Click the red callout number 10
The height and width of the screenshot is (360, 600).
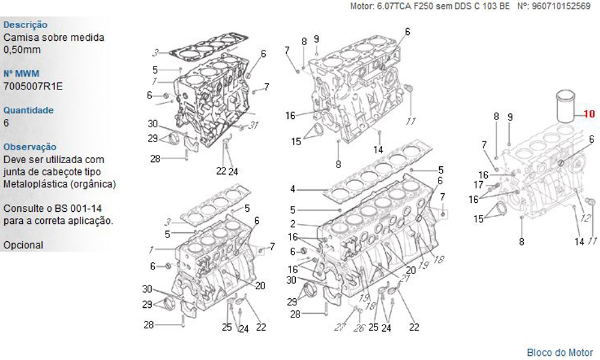(589, 113)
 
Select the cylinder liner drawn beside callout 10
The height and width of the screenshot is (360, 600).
(565, 106)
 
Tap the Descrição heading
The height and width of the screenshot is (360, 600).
(25, 25)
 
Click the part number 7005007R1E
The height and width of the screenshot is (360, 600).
(33, 86)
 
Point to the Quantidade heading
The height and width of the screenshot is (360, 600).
(28, 110)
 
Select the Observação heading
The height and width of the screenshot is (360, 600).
(30, 147)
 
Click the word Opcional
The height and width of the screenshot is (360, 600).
(23, 245)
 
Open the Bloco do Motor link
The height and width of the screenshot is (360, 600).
(560, 352)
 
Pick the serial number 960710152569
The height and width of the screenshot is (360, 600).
(561, 6)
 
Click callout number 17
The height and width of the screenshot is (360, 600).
(478, 185)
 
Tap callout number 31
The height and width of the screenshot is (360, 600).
(254, 125)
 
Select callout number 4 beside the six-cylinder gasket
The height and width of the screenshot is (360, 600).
(293, 189)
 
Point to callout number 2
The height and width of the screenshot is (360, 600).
(293, 224)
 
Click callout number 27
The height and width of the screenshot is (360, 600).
(340, 328)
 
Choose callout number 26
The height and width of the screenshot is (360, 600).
(359, 328)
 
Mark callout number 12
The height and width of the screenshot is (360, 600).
(586, 218)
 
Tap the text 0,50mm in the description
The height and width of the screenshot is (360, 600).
(22, 50)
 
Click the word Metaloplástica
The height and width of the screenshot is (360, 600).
(35, 184)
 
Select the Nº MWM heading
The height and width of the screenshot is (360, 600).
(22, 73)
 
